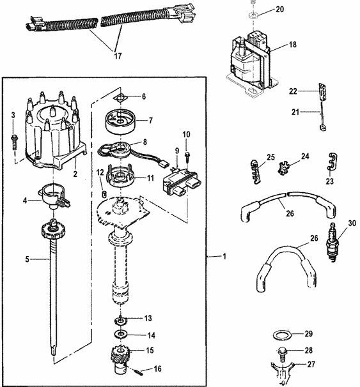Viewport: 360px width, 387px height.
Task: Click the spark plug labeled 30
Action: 333,242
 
